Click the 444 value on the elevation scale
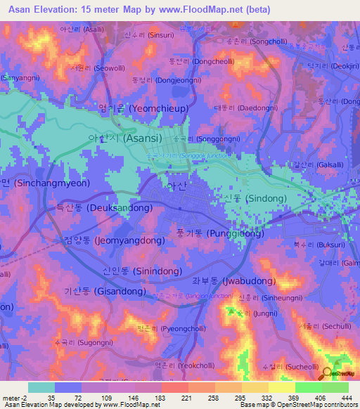point(347,397)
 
